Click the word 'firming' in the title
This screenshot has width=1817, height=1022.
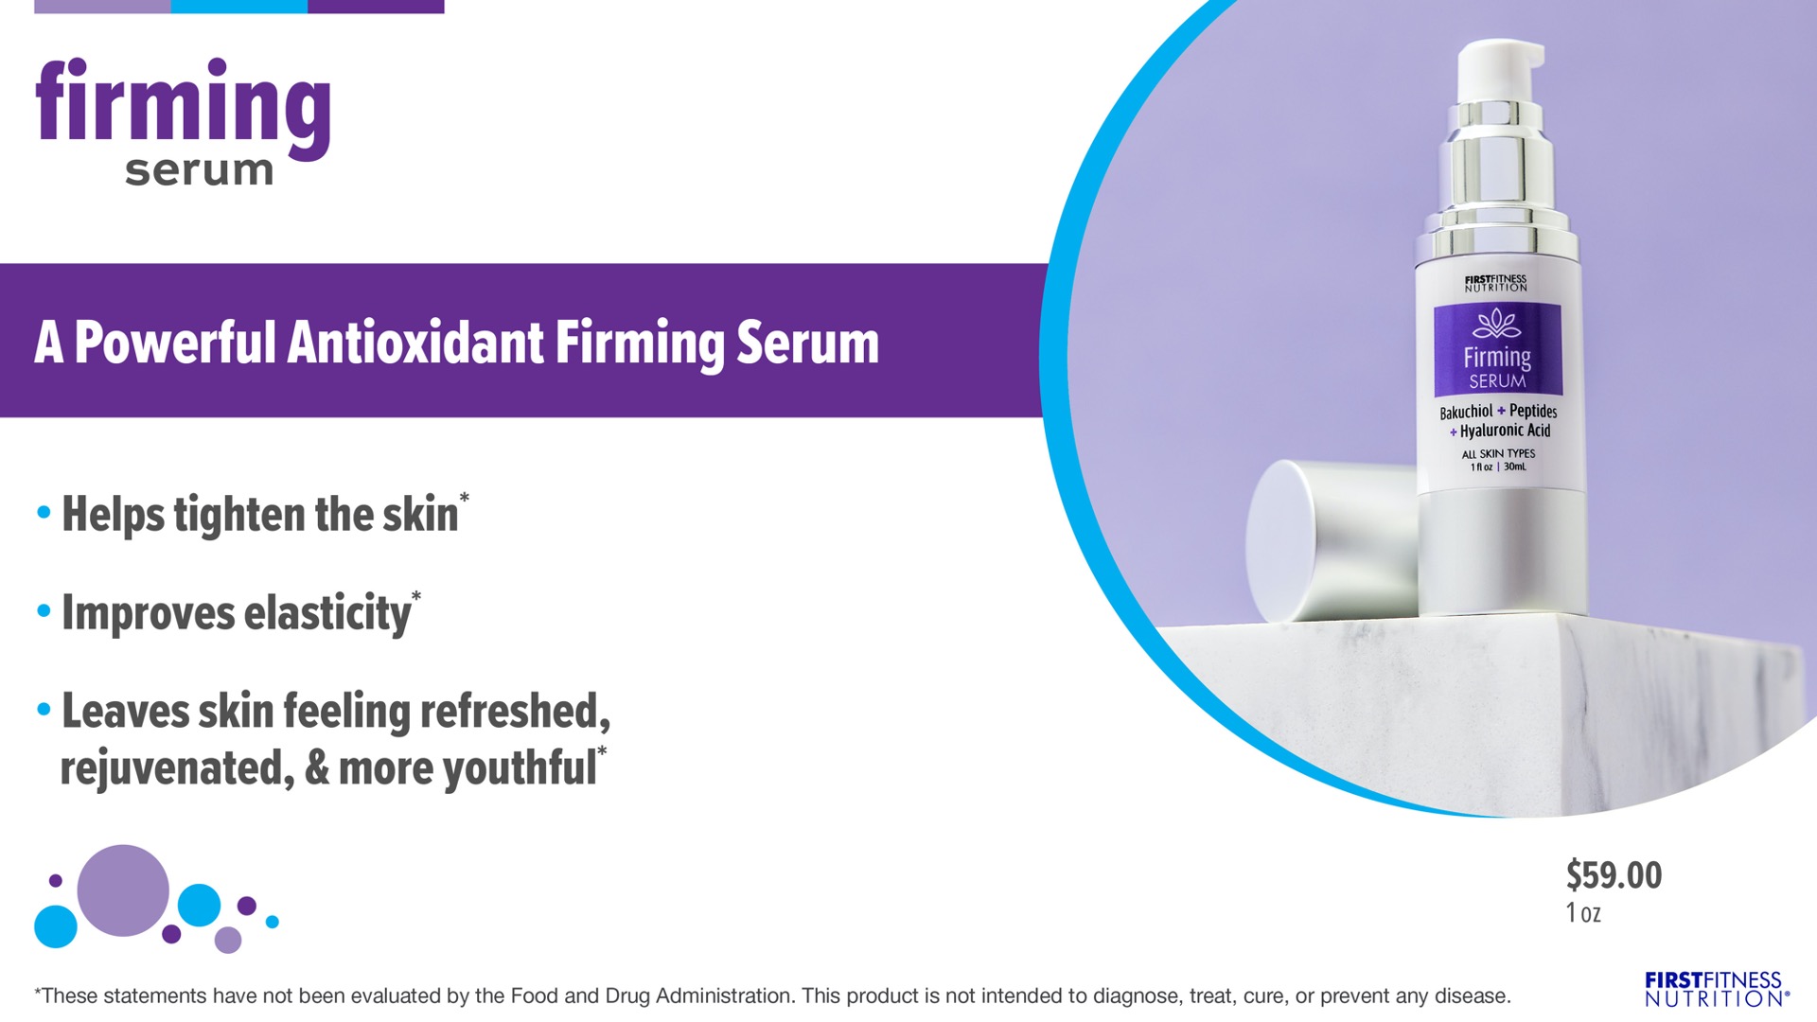pyautogui.click(x=183, y=109)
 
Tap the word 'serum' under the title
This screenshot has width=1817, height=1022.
pyautogui.click(x=199, y=170)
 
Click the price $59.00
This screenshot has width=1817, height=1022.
pyautogui.click(x=1614, y=875)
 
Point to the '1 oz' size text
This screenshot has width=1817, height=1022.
pyautogui.click(x=1583, y=913)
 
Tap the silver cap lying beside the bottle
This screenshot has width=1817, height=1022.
pyautogui.click(x=1332, y=539)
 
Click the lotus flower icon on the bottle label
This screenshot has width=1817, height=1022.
pyautogui.click(x=1497, y=325)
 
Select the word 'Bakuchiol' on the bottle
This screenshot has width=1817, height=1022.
pyautogui.click(x=1466, y=412)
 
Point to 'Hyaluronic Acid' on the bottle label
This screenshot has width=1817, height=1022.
pyautogui.click(x=1505, y=432)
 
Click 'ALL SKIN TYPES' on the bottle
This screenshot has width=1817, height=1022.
pyautogui.click(x=1498, y=454)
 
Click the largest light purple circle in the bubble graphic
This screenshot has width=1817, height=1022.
pyautogui.click(x=123, y=890)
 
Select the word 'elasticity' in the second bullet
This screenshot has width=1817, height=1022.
pyautogui.click(x=327, y=613)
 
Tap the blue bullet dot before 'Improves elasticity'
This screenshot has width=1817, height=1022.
pyautogui.click(x=44, y=611)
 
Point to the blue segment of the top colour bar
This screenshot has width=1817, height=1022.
pyautogui.click(x=239, y=7)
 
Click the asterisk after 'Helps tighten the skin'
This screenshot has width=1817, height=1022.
pyautogui.click(x=464, y=497)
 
